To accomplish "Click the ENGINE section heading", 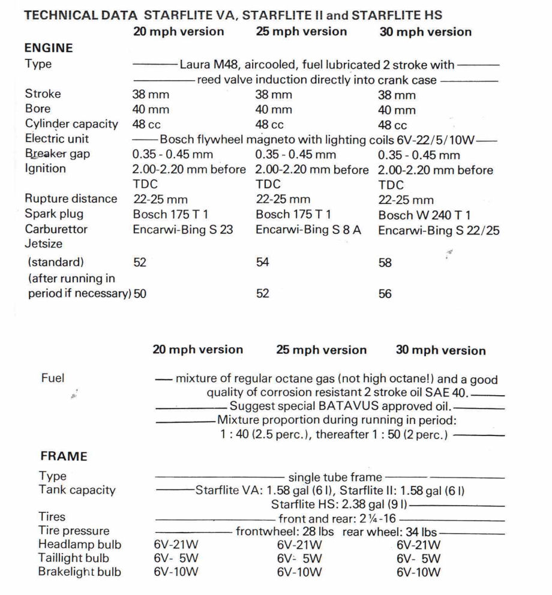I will [49, 47].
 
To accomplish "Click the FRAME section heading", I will [63, 457].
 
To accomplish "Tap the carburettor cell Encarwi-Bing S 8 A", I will [309, 230].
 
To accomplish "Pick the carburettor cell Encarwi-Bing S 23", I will [183, 230].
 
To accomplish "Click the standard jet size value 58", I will [386, 263].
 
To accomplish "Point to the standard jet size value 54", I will [262, 262].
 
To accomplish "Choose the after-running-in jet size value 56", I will [386, 295].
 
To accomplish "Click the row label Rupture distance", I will [71, 199].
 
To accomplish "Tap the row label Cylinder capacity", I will [71, 124].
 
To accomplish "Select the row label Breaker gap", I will [58, 154].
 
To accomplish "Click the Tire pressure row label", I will [74, 531].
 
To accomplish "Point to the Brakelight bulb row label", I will [79, 572].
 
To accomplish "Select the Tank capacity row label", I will [77, 491].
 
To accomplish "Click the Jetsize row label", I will [44, 245].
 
